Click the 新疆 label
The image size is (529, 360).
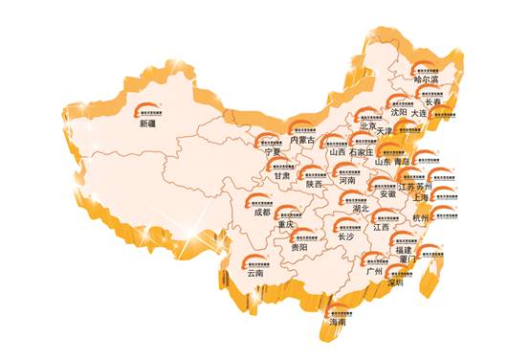point(147,124)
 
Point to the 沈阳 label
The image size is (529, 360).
point(396,112)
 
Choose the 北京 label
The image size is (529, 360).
point(367,124)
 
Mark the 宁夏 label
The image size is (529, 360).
point(272,151)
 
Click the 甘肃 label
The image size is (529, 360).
point(280,175)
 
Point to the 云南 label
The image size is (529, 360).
point(253,272)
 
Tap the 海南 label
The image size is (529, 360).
point(337,323)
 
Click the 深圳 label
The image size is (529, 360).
point(395,283)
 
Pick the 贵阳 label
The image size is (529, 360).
point(299,247)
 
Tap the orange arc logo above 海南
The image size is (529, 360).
point(338,307)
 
